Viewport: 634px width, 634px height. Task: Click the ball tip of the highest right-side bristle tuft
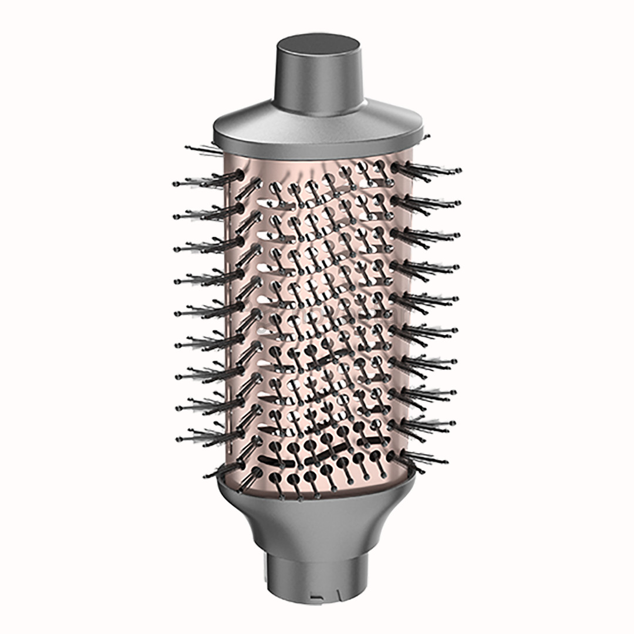click(x=458, y=170)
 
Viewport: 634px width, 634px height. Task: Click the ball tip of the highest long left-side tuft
click(x=176, y=183)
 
